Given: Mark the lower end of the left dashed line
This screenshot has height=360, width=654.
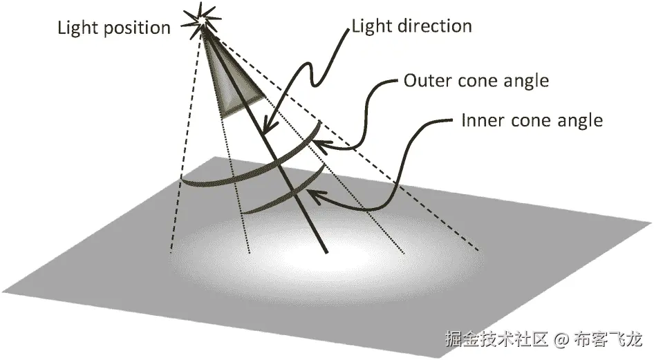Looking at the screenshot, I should pyautogui.click(x=172, y=252).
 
